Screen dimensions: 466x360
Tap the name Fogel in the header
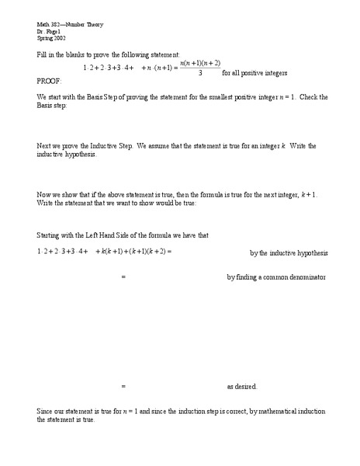[x=54, y=31]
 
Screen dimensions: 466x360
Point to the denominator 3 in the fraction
[x=201, y=74]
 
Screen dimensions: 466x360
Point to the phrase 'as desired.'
[x=241, y=386]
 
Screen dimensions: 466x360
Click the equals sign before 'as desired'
[x=123, y=386]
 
